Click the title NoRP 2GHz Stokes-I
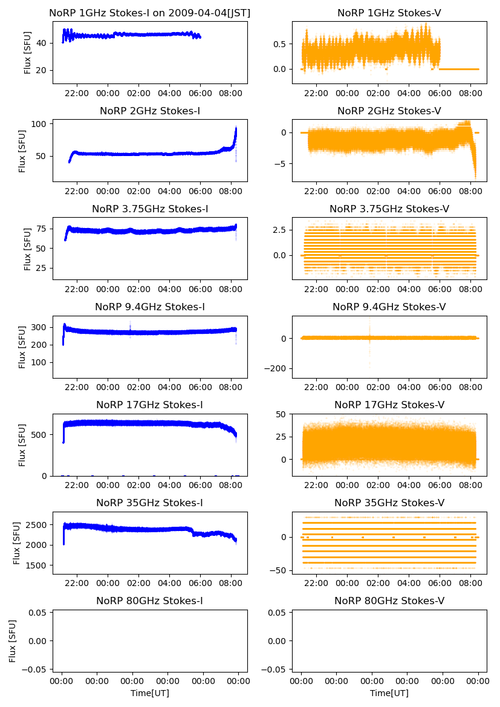[149, 111]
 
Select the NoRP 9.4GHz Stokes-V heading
[389, 307]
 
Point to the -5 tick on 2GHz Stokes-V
[282, 163]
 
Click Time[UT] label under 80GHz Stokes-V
[389, 693]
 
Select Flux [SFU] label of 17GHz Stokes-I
[22, 445]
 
